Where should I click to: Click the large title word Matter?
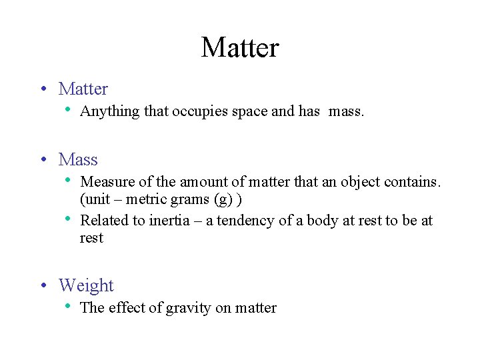[x=240, y=47]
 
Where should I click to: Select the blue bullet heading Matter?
[x=83, y=89]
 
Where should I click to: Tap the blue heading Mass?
[x=78, y=160]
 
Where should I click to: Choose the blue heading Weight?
[x=86, y=286]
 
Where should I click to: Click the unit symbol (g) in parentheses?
[x=221, y=200]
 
